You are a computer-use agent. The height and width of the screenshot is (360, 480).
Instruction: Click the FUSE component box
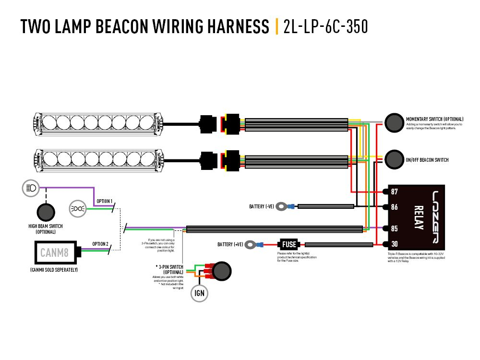click(289, 244)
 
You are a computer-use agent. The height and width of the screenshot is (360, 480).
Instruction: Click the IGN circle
click(200, 293)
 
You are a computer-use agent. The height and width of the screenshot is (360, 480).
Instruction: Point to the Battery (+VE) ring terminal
click(251, 245)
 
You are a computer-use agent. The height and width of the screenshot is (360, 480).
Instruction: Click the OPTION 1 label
click(104, 201)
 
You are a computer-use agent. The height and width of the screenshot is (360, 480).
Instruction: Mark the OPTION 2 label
click(100, 243)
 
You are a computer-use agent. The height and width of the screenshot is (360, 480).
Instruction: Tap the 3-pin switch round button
click(221, 271)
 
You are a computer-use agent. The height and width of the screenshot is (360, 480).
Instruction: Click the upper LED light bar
click(99, 122)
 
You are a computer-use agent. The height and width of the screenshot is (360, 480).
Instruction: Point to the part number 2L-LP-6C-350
click(326, 27)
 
